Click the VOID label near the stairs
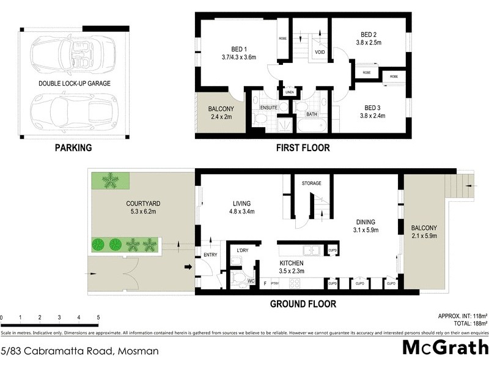[320, 53]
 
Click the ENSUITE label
[269, 108]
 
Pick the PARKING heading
[73, 147]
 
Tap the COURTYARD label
[127, 204]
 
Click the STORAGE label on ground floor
[311, 183]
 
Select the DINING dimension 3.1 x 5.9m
[367, 231]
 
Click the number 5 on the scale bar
[98, 317]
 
